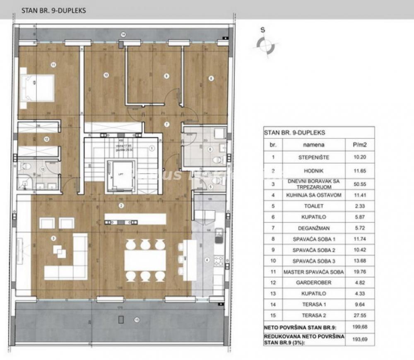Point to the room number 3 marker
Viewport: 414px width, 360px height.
click(53, 238)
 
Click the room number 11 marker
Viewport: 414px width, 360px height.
click(53, 64)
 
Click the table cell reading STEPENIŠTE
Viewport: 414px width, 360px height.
click(313, 157)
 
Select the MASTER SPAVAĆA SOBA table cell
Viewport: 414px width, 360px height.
click(313, 272)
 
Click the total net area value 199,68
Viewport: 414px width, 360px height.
click(359, 327)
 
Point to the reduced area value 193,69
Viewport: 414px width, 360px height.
click(359, 340)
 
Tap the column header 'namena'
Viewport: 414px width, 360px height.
click(313, 145)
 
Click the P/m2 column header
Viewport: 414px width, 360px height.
click(359, 145)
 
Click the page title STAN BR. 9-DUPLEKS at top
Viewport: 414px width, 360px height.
click(54, 11)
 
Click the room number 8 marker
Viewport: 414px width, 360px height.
click(211, 78)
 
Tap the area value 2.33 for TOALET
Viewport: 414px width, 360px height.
click(359, 206)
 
